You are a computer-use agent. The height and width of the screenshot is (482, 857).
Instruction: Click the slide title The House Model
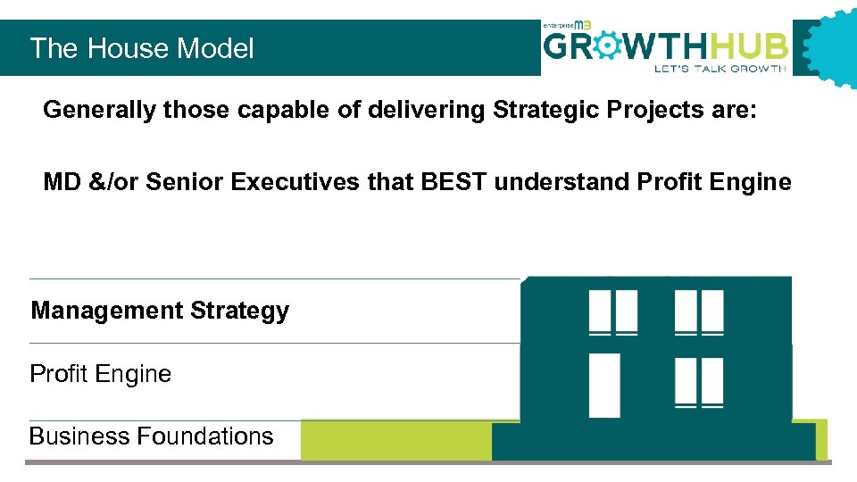click(142, 48)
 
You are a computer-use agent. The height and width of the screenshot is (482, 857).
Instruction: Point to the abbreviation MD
click(61, 183)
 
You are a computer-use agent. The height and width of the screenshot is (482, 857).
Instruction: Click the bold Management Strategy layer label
click(160, 312)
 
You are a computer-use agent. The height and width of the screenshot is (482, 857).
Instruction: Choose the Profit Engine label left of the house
click(100, 374)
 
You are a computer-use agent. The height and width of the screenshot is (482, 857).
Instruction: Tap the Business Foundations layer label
click(151, 436)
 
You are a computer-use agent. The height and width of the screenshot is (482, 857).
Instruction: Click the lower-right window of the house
click(699, 383)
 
